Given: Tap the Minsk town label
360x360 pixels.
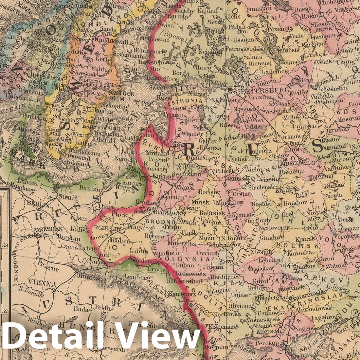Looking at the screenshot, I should point(200,202).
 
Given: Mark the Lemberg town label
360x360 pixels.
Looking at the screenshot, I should point(139,277).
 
